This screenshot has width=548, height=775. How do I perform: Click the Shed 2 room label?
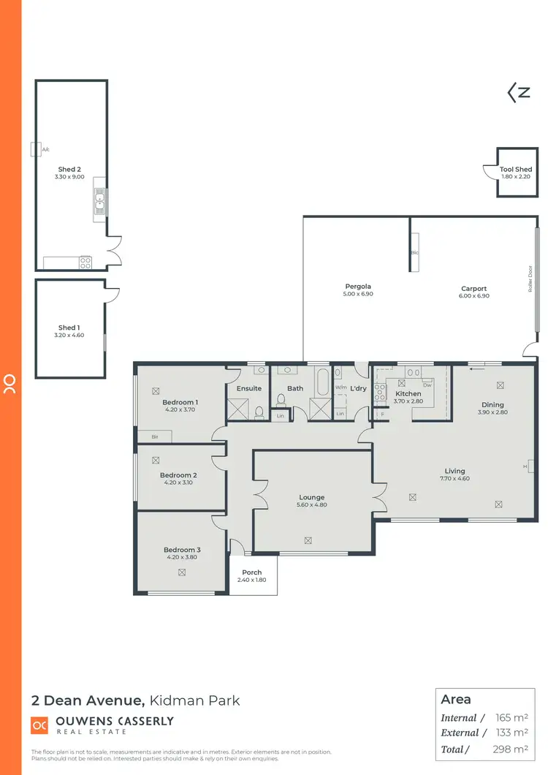[x=69, y=170]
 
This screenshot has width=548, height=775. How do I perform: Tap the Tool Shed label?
[x=516, y=170]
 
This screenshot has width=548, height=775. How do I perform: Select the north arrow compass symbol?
[x=519, y=92]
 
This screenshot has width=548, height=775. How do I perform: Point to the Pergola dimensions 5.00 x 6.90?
[x=358, y=294]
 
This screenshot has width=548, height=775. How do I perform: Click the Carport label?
[x=473, y=289]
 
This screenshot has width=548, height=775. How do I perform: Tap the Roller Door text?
[x=530, y=279]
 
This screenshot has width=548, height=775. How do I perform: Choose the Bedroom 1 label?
[x=180, y=402]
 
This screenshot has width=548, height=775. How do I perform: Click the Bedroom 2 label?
[x=178, y=475]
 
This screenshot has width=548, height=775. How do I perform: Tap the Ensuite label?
[x=248, y=388]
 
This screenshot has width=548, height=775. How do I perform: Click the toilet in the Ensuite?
[x=259, y=413]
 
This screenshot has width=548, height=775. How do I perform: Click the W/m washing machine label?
[x=341, y=387]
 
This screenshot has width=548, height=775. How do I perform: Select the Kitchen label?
[x=408, y=393]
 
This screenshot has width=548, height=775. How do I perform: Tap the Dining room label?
[x=492, y=404]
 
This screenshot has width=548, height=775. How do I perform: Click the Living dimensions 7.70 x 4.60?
[x=454, y=479]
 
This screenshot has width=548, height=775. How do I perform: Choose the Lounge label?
[x=312, y=497]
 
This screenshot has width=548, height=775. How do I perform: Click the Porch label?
[x=251, y=572]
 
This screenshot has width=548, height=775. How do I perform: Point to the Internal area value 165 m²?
[x=512, y=718]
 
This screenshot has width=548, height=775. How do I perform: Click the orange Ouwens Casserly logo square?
[x=39, y=725]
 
